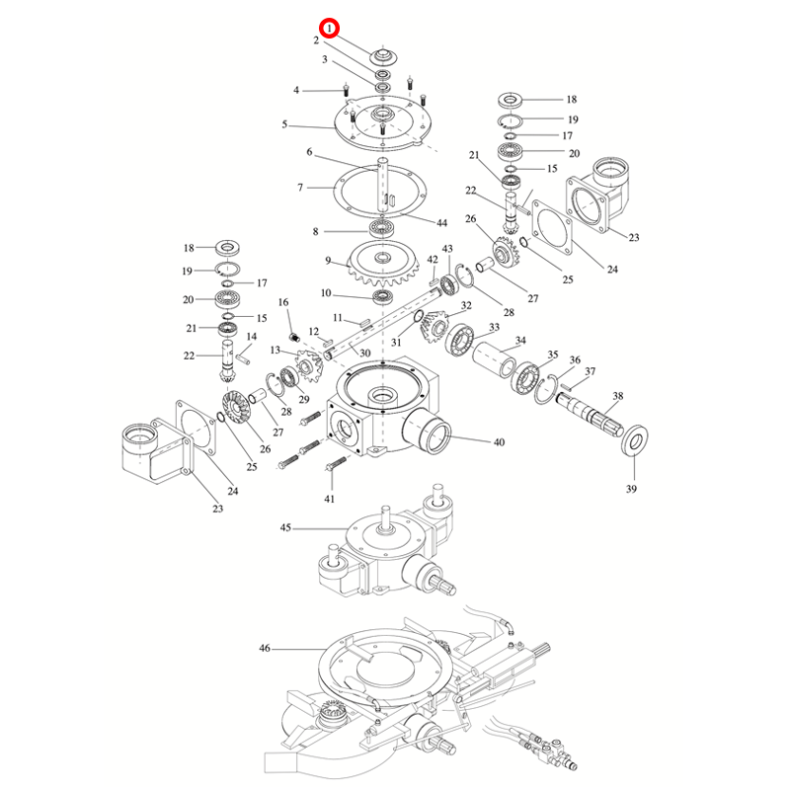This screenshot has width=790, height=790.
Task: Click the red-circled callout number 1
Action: [x=328, y=29]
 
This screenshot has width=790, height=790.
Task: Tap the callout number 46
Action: [x=264, y=649]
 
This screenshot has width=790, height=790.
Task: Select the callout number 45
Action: [x=285, y=529]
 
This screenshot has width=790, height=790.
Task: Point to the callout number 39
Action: [x=632, y=489]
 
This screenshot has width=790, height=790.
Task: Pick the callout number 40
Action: [x=499, y=441]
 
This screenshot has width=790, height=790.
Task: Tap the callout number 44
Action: [x=441, y=223]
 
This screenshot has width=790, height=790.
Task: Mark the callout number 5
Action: [x=284, y=124]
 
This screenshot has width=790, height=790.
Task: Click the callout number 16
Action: [x=283, y=302]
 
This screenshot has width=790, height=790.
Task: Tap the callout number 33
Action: [x=494, y=328]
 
